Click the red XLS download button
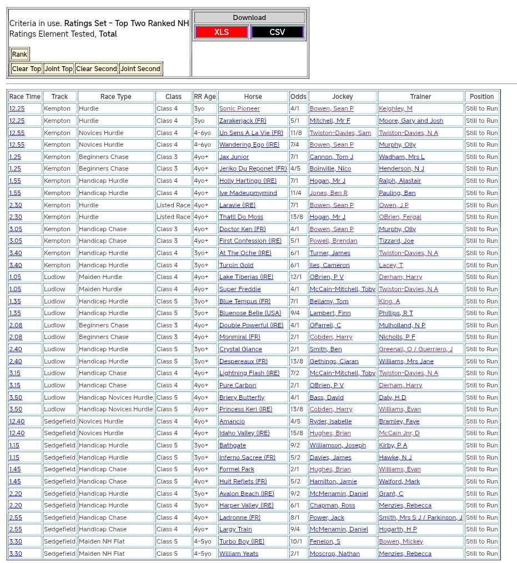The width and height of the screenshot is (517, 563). click(x=222, y=32)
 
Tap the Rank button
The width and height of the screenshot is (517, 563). click(x=19, y=54)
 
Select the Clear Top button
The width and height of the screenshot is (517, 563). click(x=27, y=69)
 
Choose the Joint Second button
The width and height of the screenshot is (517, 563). click(x=140, y=69)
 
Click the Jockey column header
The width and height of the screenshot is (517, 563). click(x=343, y=97)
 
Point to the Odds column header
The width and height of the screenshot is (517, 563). click(x=298, y=97)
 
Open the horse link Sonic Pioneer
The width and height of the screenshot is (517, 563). click(x=239, y=109)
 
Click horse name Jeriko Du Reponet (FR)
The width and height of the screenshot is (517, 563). click(x=253, y=169)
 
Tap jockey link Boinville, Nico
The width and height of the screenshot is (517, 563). click(x=330, y=169)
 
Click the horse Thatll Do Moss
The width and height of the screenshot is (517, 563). click(x=241, y=217)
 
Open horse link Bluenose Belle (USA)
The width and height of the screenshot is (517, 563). click(x=250, y=313)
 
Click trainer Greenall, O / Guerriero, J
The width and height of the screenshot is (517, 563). click(x=415, y=349)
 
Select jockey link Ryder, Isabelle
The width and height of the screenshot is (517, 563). click(x=330, y=421)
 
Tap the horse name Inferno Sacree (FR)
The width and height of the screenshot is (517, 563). click(x=247, y=457)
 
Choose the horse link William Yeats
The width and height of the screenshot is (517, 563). click(x=238, y=554)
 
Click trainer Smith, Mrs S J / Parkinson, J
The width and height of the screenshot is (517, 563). click(x=420, y=517)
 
